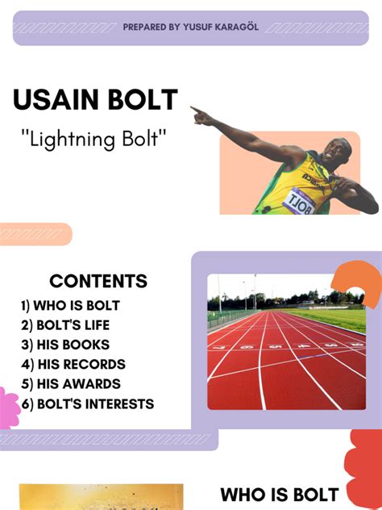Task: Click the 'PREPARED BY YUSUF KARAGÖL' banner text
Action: pyautogui.click(x=190, y=27)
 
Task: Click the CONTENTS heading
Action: pyautogui.click(x=98, y=281)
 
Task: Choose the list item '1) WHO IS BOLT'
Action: pyautogui.click(x=70, y=306)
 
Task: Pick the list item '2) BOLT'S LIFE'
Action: pyautogui.click(x=65, y=325)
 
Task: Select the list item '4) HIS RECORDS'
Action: pyautogui.click(x=73, y=364)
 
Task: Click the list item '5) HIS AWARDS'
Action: pyautogui.click(x=71, y=384)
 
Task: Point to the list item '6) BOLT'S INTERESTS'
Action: pyautogui.click(x=87, y=403)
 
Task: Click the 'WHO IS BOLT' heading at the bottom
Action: pyautogui.click(x=279, y=494)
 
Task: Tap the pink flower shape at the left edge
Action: pyautogui.click(x=7, y=408)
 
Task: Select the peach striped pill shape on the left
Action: pyautogui.click(x=34, y=234)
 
